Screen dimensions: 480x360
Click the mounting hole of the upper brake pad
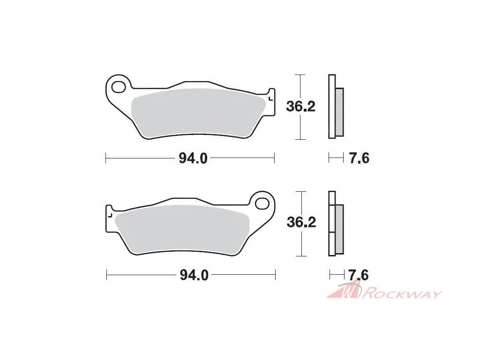tap(119, 87)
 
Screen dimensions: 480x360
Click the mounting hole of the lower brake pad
tap(262, 203)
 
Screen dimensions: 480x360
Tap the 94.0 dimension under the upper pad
tap(193, 158)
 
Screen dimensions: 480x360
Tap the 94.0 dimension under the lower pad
tap(194, 275)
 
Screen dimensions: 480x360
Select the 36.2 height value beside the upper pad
tap(300, 106)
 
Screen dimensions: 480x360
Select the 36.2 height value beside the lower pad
tap(301, 222)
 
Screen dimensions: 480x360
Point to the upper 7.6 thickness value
tap(360, 158)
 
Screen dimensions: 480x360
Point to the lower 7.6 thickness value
tap(359, 275)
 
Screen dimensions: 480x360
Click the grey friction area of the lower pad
tap(182, 229)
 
